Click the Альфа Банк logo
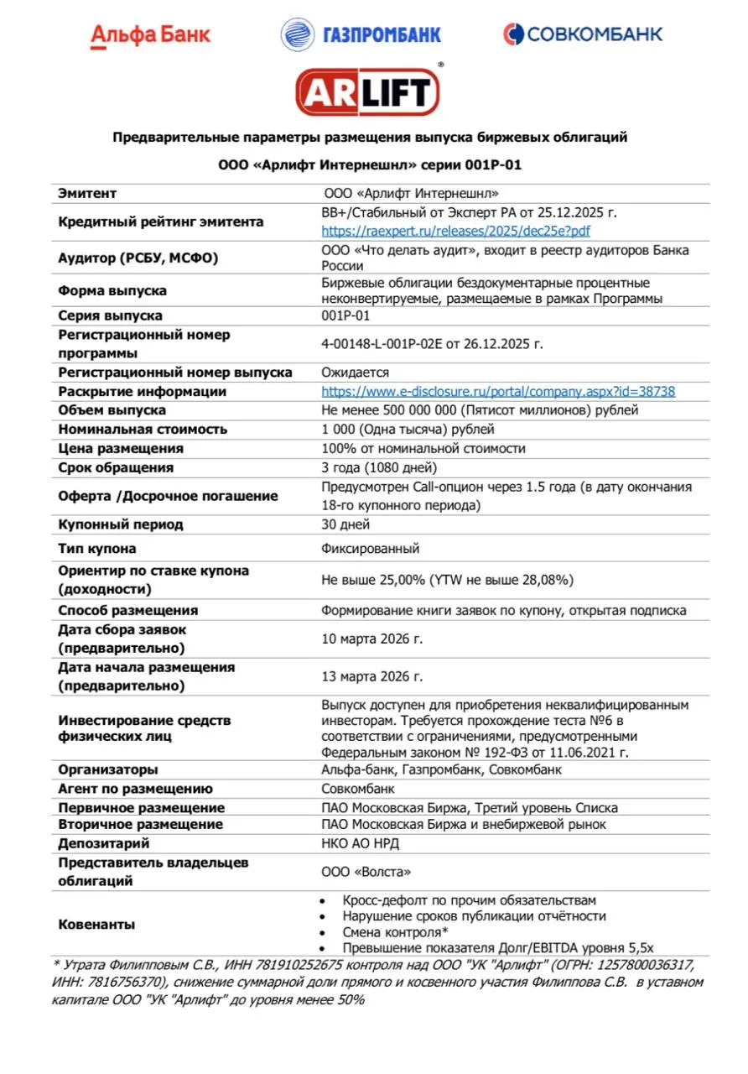[x=151, y=34]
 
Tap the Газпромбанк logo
[x=361, y=34]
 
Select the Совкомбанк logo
[x=583, y=34]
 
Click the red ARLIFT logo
[x=367, y=91]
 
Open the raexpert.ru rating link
[x=456, y=231]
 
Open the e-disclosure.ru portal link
[x=498, y=391]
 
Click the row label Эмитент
[x=87, y=193]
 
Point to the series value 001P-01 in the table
[x=345, y=315]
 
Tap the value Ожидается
[x=356, y=372]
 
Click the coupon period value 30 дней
[x=345, y=524]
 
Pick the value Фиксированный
[x=371, y=549]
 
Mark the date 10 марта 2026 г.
[x=372, y=639]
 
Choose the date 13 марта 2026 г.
[x=372, y=676]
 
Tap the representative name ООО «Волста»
[x=366, y=872]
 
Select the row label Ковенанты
[x=96, y=924]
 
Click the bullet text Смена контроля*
[x=395, y=932]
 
